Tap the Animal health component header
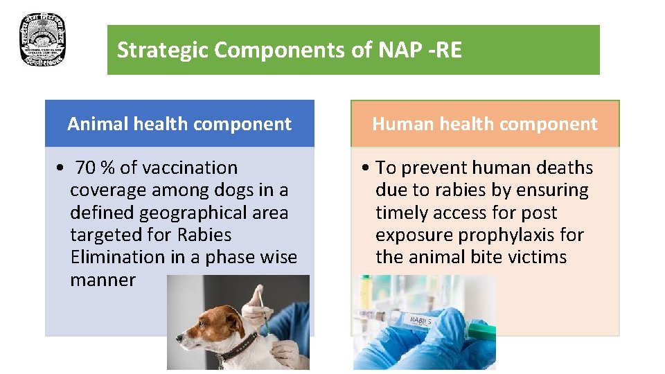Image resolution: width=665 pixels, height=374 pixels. click(179, 124)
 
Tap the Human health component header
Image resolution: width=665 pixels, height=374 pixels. click(484, 124)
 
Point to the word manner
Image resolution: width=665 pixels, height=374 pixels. click(103, 280)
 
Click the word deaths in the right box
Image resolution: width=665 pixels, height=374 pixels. click(560, 168)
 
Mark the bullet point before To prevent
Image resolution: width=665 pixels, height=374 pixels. click(366, 168)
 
